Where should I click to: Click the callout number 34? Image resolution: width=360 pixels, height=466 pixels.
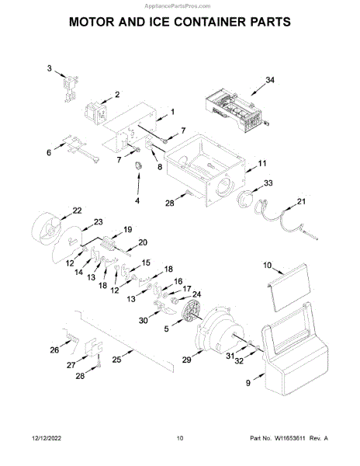point(270,80)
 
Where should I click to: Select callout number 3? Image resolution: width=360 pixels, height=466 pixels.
point(49,68)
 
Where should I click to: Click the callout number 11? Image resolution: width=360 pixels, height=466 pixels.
point(262,163)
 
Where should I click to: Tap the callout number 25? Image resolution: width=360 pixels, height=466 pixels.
point(116,360)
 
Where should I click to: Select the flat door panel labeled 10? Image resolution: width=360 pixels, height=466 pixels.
point(289,287)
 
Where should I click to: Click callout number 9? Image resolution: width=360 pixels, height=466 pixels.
point(248,383)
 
